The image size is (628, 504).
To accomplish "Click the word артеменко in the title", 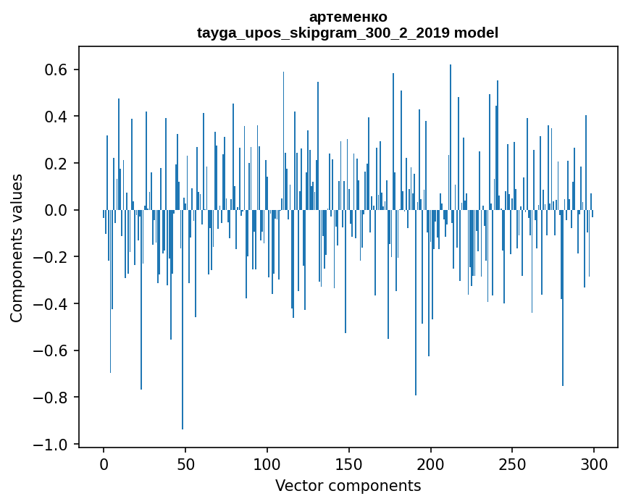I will point(348,17).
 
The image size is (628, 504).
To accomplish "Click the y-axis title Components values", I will point(17,248).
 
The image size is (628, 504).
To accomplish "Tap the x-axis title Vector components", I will point(348,485).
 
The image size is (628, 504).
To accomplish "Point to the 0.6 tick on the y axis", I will point(57,70).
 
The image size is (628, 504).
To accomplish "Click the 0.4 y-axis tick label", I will point(57,117).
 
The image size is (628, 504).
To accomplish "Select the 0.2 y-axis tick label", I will point(57,164).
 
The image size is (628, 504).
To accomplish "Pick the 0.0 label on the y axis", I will point(57,210).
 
